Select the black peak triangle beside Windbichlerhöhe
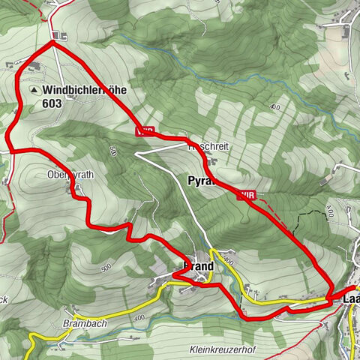point(34,90)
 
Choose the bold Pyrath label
point(200,181)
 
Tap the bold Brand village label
point(198,266)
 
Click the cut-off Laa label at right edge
point(350,299)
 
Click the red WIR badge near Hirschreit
point(145,130)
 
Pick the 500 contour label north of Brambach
point(103,268)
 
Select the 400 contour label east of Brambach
point(138,319)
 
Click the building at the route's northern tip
point(60,35)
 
